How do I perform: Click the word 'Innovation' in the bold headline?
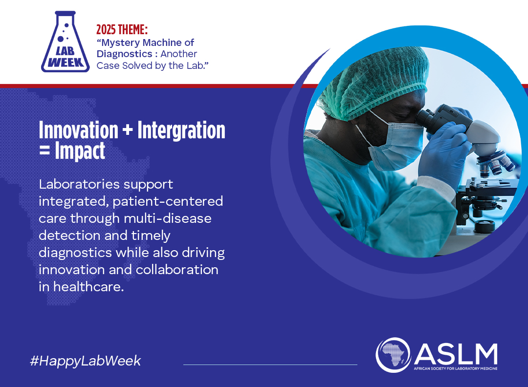(78, 130)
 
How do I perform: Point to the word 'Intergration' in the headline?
(181, 130)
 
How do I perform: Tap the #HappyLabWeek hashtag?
(85, 361)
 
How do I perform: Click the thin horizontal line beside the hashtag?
(270, 365)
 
